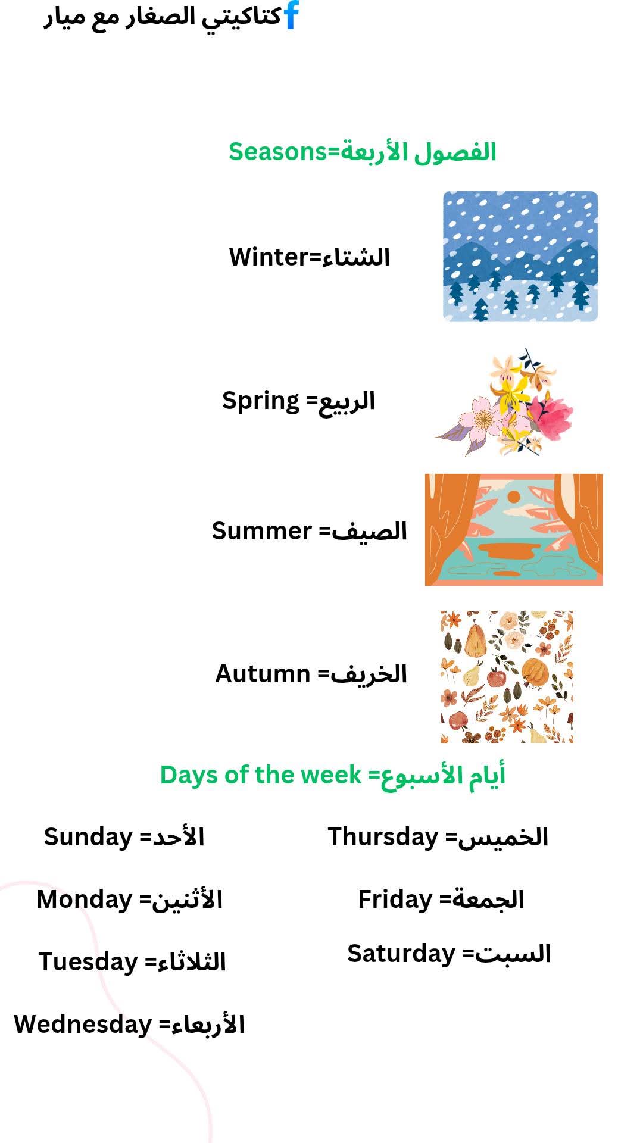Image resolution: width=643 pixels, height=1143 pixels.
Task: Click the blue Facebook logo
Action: (291, 15)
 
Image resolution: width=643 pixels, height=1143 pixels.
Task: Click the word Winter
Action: (269, 257)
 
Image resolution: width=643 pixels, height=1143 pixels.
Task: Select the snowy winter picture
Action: (520, 257)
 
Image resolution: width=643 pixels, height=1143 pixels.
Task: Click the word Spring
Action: (260, 401)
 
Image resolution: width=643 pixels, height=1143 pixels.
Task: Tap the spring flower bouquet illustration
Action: (505, 403)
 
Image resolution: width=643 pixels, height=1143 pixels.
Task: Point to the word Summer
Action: (261, 531)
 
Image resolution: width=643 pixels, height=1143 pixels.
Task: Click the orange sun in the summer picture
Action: (513, 496)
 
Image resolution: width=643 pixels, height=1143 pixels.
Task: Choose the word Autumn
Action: (263, 674)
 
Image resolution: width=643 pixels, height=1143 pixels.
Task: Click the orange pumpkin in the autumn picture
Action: (538, 672)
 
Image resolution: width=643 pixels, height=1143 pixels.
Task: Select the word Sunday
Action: (88, 838)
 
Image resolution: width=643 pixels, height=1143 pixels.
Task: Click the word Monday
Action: (85, 900)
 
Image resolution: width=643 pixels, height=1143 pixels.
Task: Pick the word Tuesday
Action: (88, 963)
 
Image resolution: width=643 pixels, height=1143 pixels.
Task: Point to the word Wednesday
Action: (83, 1025)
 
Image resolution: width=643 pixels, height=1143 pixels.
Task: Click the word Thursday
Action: (383, 838)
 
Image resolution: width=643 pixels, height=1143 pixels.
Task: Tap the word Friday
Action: (395, 900)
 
